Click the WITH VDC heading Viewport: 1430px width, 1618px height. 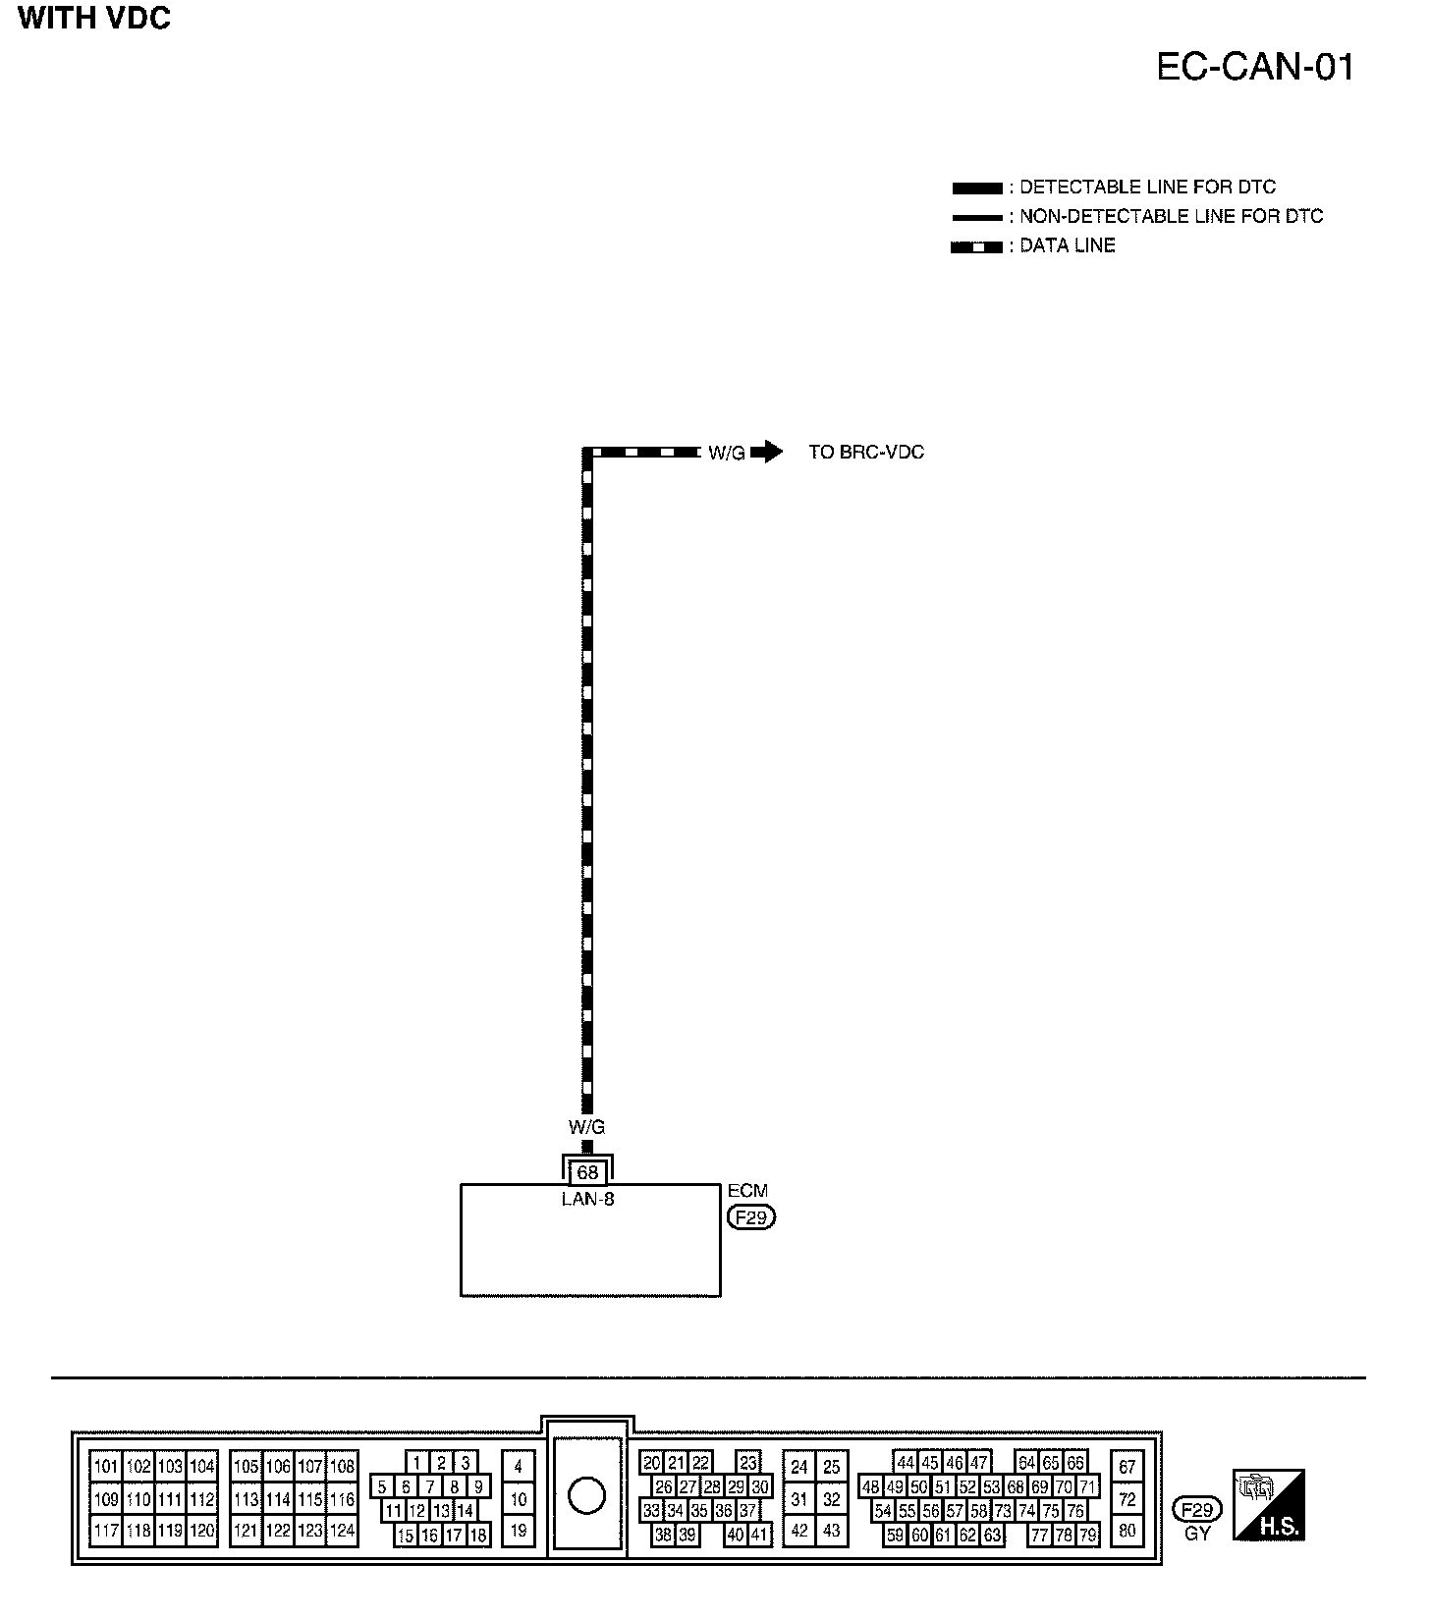click(x=94, y=19)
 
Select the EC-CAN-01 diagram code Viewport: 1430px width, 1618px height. click(x=1254, y=67)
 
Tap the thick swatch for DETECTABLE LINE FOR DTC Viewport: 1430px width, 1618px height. click(x=976, y=188)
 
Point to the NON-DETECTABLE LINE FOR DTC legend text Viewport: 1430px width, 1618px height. click(x=1171, y=216)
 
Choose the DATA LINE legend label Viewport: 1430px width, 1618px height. click(x=1067, y=245)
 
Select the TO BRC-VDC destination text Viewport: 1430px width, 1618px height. click(x=866, y=453)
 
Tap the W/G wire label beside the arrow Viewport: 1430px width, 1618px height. click(x=727, y=454)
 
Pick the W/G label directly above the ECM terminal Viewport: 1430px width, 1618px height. click(x=586, y=1128)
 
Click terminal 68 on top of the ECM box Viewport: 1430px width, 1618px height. click(x=587, y=1172)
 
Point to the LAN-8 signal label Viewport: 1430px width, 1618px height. click(x=587, y=1199)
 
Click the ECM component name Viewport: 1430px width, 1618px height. click(x=747, y=1191)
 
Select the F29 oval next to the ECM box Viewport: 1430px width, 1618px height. click(x=750, y=1217)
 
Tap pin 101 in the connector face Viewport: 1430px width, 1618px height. click(x=105, y=1467)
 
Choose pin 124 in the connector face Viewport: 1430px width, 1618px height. click(x=341, y=1530)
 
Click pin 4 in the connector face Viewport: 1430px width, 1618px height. click(x=518, y=1467)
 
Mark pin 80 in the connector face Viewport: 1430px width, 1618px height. click(x=1127, y=1530)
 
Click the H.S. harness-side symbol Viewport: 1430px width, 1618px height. click(x=1268, y=1504)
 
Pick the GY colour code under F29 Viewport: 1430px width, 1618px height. click(x=1197, y=1534)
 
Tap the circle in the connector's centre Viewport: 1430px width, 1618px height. click(x=586, y=1497)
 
